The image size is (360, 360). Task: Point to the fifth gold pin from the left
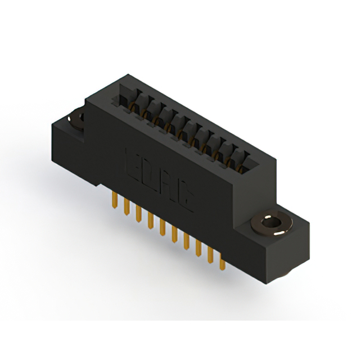[162, 227]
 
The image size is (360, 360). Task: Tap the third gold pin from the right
[198, 250]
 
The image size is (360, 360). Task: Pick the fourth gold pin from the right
[186, 242]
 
